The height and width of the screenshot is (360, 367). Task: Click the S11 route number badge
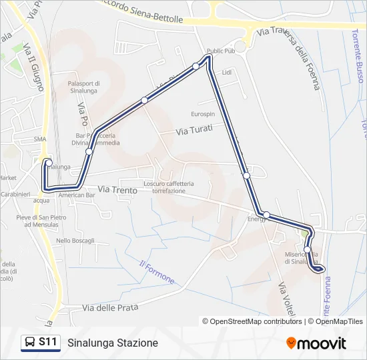pyautogui.click(x=47, y=342)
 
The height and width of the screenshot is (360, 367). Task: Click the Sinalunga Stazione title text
pyautogui.click(x=113, y=343)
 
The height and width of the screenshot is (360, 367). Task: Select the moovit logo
pyautogui.click(x=316, y=343)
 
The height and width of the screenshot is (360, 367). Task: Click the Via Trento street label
pyautogui.click(x=117, y=191)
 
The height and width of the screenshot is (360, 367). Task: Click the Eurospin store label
pyautogui.click(x=203, y=113)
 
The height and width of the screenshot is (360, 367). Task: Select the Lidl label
pyautogui.click(x=226, y=72)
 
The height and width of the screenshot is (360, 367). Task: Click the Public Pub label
pyautogui.click(x=221, y=51)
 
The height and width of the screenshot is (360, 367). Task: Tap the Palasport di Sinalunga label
pyautogui.click(x=83, y=87)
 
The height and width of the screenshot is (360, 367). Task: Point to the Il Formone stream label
pyautogui.click(x=157, y=271)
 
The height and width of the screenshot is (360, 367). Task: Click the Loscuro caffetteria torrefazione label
pyautogui.click(x=168, y=187)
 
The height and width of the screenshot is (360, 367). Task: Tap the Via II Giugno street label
pyautogui.click(x=33, y=67)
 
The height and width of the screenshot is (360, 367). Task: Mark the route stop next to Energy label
pyautogui.click(x=266, y=215)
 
